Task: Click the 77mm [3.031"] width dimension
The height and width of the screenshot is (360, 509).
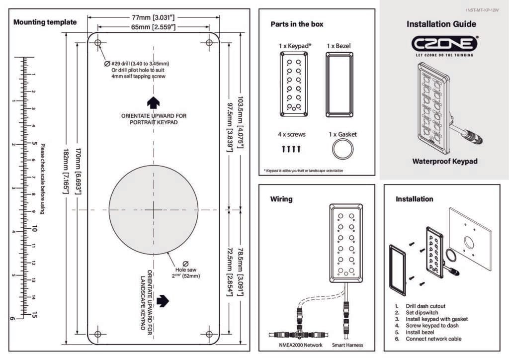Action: (x=154, y=17)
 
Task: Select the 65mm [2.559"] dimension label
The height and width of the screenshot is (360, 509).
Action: (x=153, y=27)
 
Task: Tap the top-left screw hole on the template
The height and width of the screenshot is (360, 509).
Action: (x=98, y=43)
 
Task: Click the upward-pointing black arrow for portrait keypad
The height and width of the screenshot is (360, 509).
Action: (x=153, y=102)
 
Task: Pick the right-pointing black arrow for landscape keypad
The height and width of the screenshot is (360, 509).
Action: (x=163, y=301)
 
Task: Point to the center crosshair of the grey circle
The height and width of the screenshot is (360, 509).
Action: (x=153, y=210)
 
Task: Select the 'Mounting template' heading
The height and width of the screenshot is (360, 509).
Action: (x=45, y=22)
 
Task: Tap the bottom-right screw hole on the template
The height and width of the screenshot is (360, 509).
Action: (x=209, y=334)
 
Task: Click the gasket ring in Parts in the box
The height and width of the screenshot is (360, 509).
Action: (x=342, y=149)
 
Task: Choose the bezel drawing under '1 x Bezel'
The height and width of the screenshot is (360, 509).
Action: (x=339, y=85)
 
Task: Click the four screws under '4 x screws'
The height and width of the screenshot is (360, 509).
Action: (x=291, y=148)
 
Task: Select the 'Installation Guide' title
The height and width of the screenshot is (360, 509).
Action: (x=441, y=24)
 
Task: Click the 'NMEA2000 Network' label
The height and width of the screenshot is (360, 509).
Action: (x=298, y=345)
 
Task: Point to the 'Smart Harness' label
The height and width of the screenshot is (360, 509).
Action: (x=347, y=345)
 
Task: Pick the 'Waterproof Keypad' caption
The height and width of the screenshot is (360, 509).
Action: (x=444, y=161)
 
